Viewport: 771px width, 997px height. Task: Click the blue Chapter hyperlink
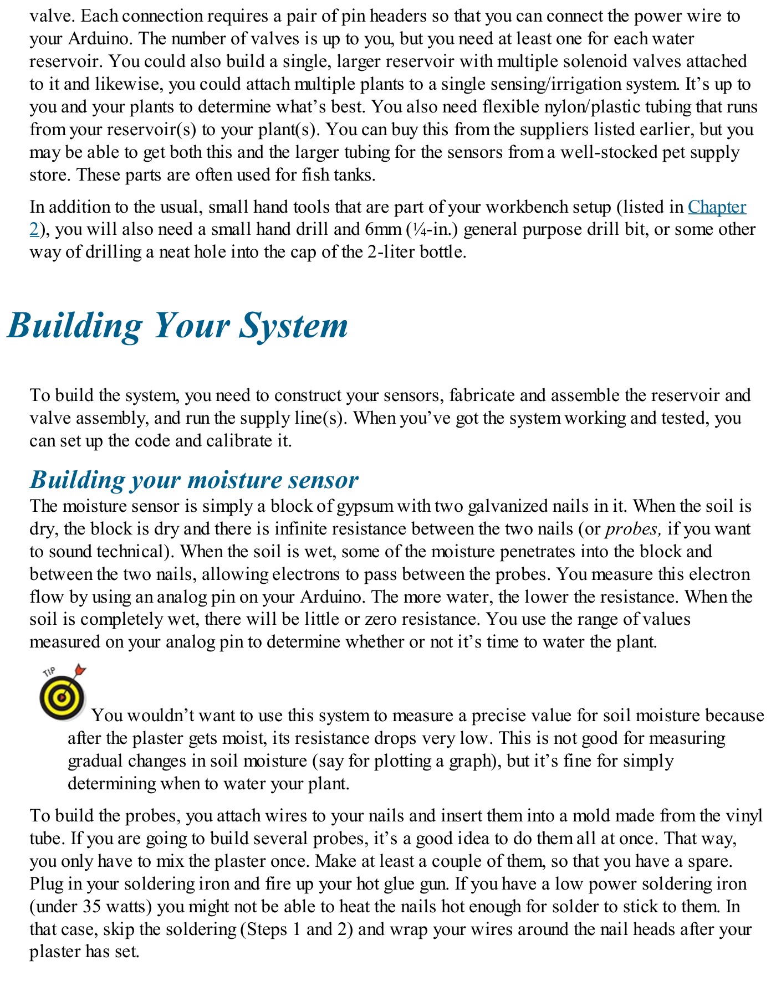point(717,207)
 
